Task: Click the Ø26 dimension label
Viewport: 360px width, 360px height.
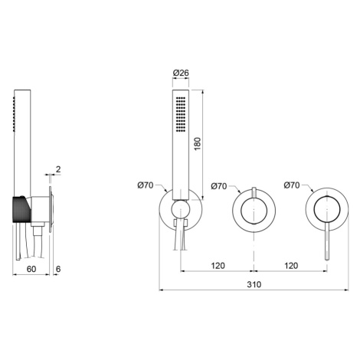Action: pos(181,73)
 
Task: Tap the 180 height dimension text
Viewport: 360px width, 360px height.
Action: pos(198,144)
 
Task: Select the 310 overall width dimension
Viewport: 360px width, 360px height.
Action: pos(254,284)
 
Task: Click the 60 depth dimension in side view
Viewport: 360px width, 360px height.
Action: pos(31,269)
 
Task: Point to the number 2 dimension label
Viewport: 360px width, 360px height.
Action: pos(58,169)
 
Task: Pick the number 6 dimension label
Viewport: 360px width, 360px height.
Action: pos(58,269)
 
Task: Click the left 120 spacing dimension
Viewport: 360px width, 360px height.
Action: pos(218,266)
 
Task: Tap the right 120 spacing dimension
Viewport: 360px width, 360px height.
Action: pos(291,266)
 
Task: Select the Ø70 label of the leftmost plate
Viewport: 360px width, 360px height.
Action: pos(146,185)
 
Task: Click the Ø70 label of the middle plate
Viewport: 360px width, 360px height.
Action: pos(219,186)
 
